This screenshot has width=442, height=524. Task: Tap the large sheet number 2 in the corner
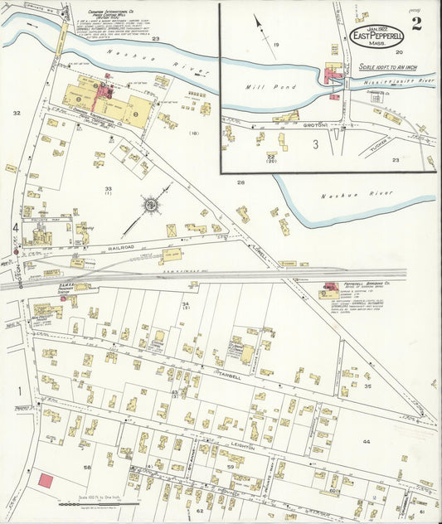(x=415, y=23)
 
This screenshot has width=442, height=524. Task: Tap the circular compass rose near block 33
(x=151, y=203)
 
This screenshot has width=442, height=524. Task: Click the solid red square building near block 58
(x=46, y=481)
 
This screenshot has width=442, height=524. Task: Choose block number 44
(x=367, y=442)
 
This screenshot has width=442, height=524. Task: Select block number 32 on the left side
(x=16, y=112)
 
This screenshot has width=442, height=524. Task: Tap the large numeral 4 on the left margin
(x=15, y=227)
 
